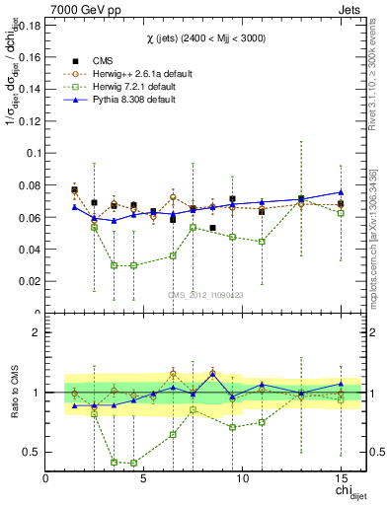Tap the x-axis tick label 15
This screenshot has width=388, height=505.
(341, 479)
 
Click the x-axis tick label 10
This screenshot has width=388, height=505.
(243, 479)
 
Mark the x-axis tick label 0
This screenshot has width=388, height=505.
(46, 479)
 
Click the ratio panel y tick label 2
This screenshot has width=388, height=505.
(37, 332)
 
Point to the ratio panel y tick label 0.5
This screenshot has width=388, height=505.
(33, 452)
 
